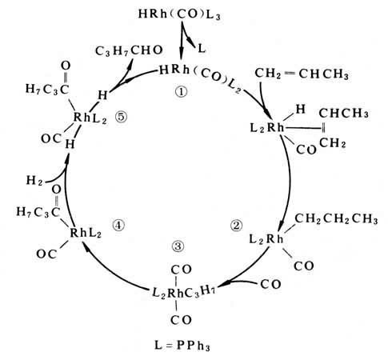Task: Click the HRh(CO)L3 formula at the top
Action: click(x=179, y=14)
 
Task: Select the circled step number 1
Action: click(x=182, y=92)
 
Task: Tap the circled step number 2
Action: click(x=236, y=226)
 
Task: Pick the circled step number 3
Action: click(x=178, y=246)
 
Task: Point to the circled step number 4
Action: click(x=118, y=226)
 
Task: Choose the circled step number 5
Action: click(x=122, y=117)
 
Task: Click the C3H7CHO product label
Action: click(x=129, y=50)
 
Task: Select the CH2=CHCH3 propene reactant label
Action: click(x=302, y=74)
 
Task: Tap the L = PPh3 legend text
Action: click(x=182, y=346)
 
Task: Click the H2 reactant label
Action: click(x=34, y=181)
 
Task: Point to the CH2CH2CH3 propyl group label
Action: click(x=336, y=219)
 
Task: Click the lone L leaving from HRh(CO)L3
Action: click(x=202, y=49)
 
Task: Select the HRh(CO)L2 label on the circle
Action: click(x=200, y=78)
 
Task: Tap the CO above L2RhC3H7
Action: click(x=182, y=270)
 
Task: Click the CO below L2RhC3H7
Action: click(x=182, y=320)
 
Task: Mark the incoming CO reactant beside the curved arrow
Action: click(x=270, y=284)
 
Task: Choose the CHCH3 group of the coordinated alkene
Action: click(x=344, y=114)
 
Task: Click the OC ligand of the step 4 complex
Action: click(x=46, y=254)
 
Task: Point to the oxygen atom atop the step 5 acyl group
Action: click(x=66, y=66)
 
